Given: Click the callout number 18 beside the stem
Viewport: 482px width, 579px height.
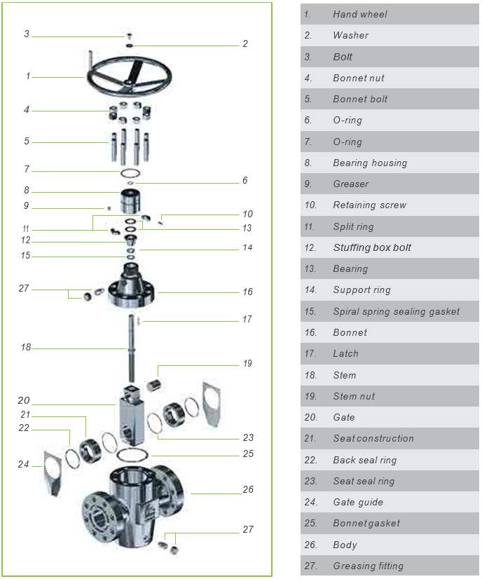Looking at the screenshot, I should tap(26, 347).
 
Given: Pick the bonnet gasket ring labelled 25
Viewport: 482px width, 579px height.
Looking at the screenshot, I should tap(132, 455).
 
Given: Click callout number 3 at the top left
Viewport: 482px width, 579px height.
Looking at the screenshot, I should tap(27, 34).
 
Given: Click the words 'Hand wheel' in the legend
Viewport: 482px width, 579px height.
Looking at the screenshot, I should tap(359, 14).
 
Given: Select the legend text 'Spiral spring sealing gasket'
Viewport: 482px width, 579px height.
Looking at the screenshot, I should tap(396, 311).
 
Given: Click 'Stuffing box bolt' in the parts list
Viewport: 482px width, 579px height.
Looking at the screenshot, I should tap(372, 247).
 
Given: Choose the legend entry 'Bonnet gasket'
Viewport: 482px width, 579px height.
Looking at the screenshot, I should tap(366, 523).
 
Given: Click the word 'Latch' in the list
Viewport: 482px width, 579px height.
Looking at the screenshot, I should tap(345, 353).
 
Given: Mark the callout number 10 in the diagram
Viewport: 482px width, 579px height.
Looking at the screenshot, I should tap(247, 214).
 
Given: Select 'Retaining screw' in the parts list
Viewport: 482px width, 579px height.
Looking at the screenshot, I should tap(369, 205).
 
